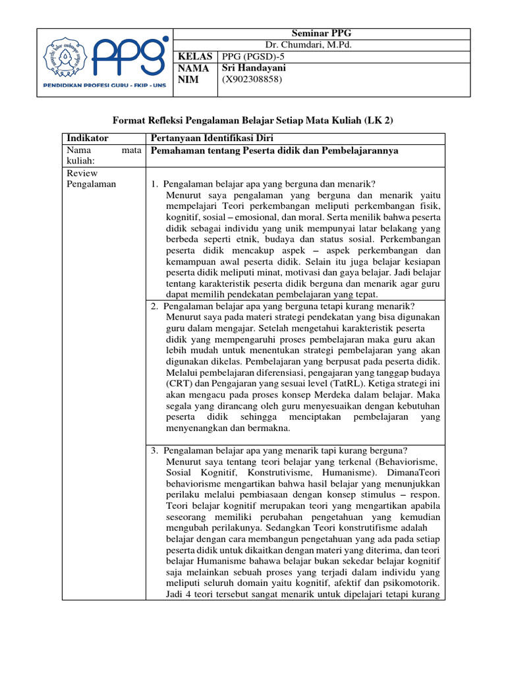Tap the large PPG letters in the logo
coord(127,58)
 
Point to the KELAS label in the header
coord(194,57)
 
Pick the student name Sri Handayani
coord(254,68)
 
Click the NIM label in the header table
coord(188,79)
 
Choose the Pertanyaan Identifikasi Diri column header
coord(211,138)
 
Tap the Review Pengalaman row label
coord(92,179)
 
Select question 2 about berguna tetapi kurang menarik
coord(282,307)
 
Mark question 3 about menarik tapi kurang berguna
coord(279,450)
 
